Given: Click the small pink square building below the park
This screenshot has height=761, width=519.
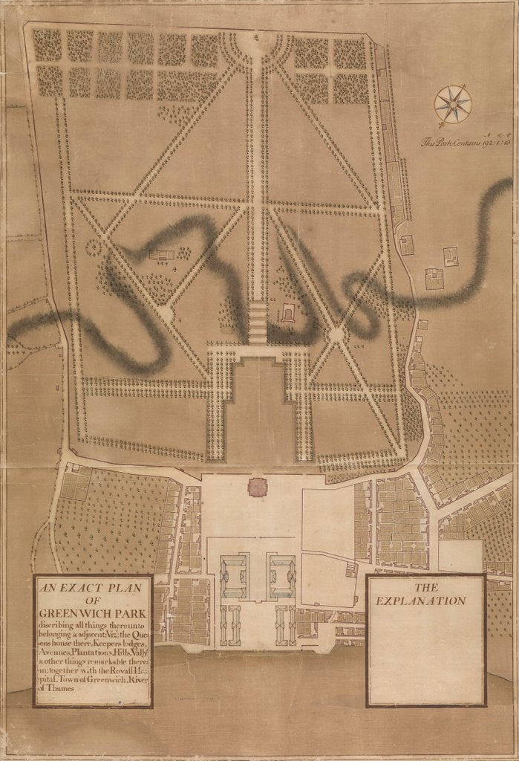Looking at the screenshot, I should pyautogui.click(x=257, y=488).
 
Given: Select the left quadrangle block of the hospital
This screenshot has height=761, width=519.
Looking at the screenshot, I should pyautogui.click(x=235, y=577).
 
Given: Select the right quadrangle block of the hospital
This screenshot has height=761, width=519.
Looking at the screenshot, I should pyautogui.click(x=281, y=577).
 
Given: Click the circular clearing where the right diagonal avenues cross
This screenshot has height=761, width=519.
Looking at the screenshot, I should pyautogui.click(x=336, y=335).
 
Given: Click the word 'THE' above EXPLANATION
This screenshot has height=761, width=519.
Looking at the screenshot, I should pyautogui.click(x=427, y=586).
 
